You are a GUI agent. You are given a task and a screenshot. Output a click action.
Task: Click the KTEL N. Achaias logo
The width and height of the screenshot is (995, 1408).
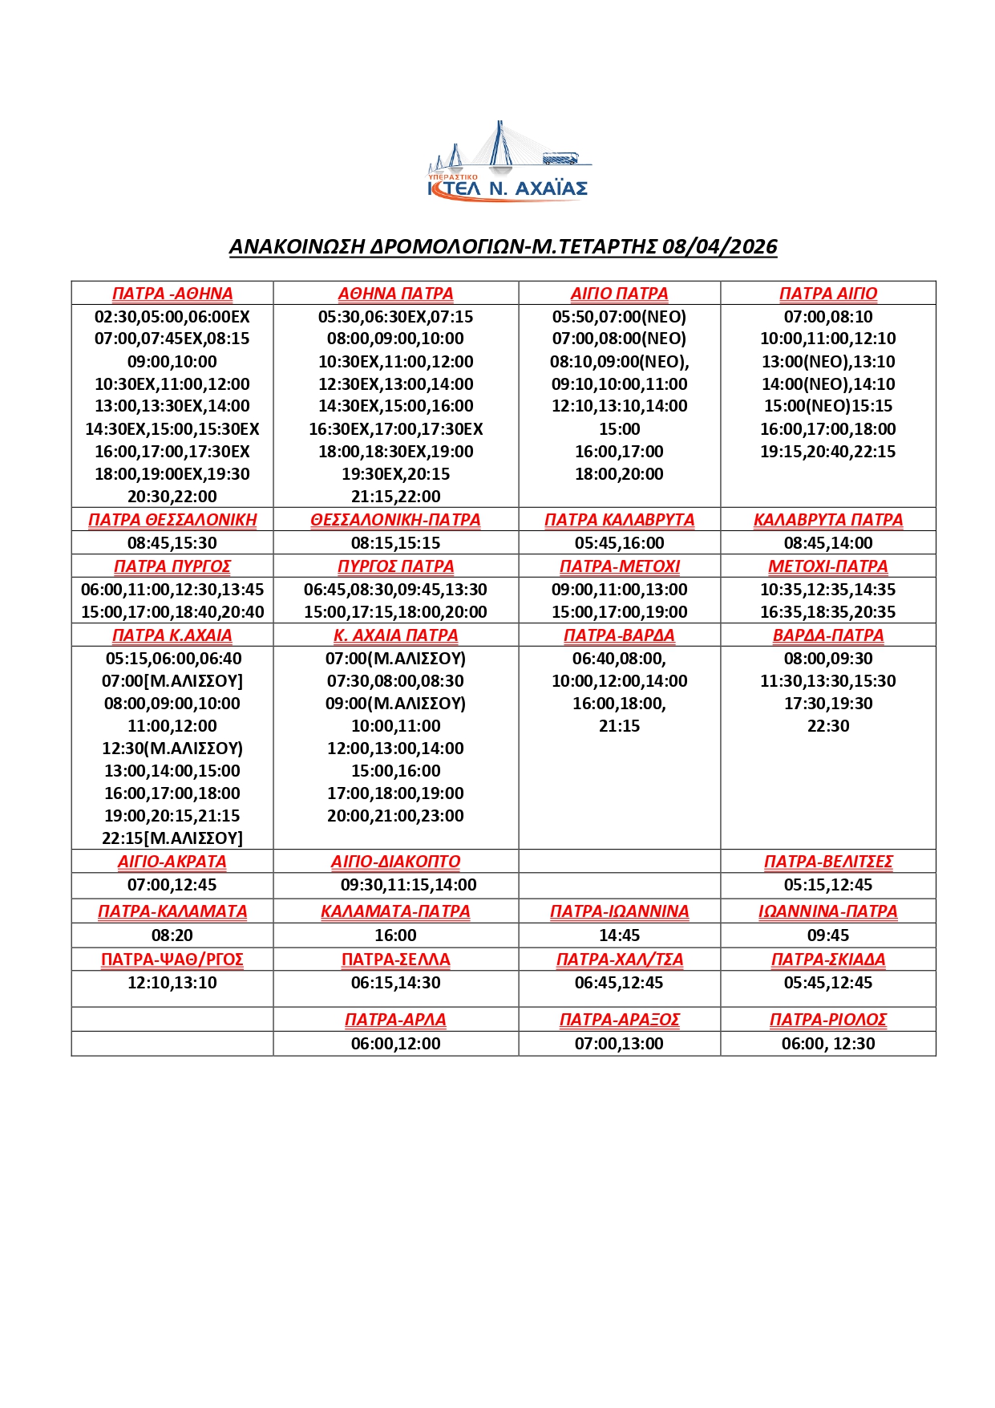click(508, 163)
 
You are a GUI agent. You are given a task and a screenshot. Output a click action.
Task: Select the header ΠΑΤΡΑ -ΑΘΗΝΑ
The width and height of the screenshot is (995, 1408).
click(172, 294)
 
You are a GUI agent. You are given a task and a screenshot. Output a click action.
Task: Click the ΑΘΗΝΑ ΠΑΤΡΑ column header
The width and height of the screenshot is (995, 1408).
click(395, 294)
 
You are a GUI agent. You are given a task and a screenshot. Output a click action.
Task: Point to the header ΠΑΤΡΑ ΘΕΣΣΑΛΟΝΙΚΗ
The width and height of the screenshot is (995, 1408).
click(172, 520)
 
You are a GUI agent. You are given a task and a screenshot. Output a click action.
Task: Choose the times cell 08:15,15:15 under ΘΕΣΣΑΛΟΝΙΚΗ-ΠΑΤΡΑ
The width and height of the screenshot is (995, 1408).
click(395, 543)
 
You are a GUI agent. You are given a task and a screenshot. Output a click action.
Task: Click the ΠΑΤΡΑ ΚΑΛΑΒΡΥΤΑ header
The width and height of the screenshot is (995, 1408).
click(619, 520)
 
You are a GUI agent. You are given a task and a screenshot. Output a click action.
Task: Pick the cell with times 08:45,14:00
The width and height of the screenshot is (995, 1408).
click(827, 543)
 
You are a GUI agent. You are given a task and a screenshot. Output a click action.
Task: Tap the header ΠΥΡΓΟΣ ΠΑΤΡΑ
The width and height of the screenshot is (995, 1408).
click(395, 566)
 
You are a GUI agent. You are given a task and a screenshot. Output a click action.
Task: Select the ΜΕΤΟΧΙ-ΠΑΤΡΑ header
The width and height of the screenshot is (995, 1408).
click(827, 566)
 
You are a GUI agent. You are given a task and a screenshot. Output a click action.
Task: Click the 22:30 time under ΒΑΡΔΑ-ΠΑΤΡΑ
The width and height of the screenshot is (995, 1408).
click(827, 726)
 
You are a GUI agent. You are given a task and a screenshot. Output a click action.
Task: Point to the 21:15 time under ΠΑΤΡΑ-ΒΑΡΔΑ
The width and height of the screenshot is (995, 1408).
click(619, 726)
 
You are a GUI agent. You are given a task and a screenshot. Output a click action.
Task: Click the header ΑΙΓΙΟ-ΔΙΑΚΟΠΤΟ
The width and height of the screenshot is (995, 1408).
click(395, 862)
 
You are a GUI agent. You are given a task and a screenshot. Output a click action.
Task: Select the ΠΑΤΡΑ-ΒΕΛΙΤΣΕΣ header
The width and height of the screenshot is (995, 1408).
click(827, 862)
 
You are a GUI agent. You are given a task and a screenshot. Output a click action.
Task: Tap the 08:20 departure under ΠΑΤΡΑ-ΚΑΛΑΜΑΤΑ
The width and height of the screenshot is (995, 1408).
click(172, 935)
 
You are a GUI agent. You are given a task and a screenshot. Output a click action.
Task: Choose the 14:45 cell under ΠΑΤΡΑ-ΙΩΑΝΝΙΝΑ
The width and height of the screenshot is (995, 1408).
click(619, 935)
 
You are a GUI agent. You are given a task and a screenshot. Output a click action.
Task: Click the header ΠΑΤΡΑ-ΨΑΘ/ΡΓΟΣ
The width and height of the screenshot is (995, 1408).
click(172, 960)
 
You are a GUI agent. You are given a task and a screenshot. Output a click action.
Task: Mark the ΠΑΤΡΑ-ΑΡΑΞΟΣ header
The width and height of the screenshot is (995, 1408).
click(619, 1020)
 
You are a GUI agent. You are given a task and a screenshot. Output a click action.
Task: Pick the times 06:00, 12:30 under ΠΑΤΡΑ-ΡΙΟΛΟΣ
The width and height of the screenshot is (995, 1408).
click(827, 1044)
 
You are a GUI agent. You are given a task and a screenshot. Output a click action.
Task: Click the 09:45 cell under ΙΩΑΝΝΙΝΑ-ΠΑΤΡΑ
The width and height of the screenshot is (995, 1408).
click(827, 935)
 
